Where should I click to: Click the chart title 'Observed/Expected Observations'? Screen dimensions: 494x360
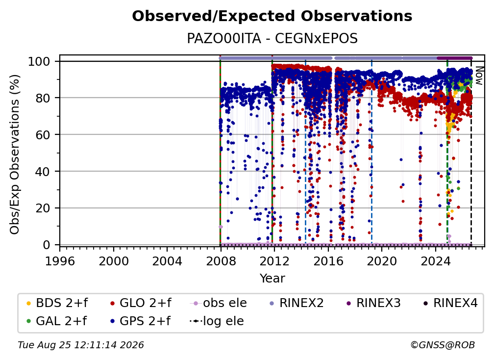[x=272, y=16]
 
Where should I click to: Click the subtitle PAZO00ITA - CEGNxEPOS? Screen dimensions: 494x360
[x=272, y=39]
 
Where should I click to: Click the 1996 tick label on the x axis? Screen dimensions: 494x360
[x=60, y=261]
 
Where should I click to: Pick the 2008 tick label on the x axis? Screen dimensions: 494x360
[x=221, y=261]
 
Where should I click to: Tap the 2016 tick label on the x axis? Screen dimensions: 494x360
[x=328, y=261]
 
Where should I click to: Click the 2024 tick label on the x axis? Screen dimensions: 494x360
[x=435, y=261]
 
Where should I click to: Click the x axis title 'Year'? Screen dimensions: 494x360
[x=272, y=279]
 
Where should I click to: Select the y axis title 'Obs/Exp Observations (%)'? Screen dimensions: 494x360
[x=15, y=154]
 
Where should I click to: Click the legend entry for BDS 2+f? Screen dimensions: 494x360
[x=57, y=303]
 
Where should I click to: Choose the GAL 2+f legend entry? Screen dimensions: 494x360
[x=56, y=321]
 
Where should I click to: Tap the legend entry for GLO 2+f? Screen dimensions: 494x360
[x=141, y=303]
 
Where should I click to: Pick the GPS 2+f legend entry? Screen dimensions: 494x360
[x=140, y=321]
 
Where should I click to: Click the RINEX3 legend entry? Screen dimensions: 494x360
[x=373, y=303]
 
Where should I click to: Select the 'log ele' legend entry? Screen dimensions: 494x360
[x=217, y=321]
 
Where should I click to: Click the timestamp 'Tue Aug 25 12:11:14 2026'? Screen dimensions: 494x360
[x=81, y=345]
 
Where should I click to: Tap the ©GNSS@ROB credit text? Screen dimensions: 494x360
[x=443, y=345]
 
